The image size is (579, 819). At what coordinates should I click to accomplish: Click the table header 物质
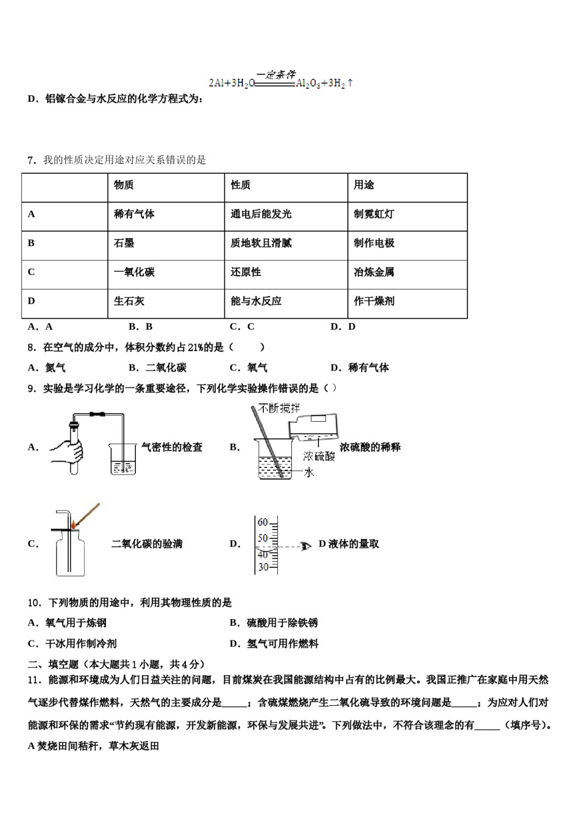[x=124, y=185]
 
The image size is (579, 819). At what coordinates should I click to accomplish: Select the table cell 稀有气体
[x=134, y=214]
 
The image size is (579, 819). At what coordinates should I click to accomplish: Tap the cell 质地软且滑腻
[x=261, y=243]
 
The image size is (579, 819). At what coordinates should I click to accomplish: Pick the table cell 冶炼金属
[x=374, y=272]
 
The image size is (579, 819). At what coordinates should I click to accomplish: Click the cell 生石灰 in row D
[x=129, y=301]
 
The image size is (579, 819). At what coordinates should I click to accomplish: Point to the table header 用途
[x=364, y=185]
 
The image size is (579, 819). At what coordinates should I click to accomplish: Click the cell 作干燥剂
[x=374, y=301]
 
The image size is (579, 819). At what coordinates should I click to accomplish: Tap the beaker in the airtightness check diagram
[x=124, y=460]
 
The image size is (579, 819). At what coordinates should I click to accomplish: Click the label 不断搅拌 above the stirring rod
[x=279, y=408]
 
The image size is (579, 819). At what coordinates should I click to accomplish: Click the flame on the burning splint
[x=74, y=524]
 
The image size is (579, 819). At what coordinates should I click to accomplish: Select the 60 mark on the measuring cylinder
[x=263, y=523]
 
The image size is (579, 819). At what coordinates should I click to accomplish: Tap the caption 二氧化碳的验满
[x=147, y=544]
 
